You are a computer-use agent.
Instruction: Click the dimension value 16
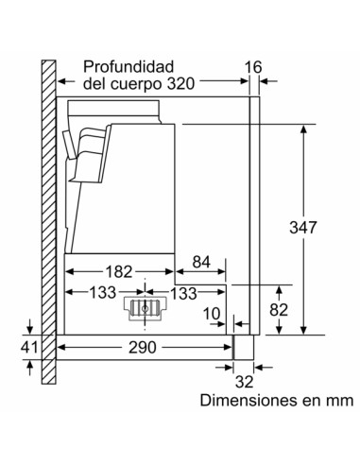(x=252, y=66)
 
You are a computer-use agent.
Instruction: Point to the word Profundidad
(x=128, y=66)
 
